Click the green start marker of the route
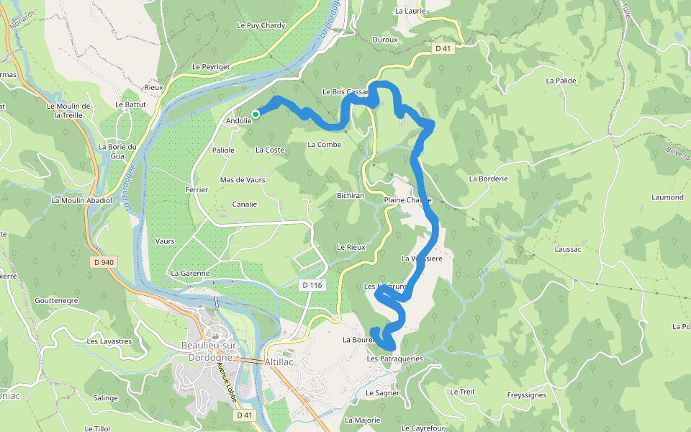tap(256, 114)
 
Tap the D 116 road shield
tap(312, 286)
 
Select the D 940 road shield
tap(104, 262)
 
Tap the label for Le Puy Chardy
tap(261, 25)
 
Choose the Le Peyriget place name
tap(210, 66)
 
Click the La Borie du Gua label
tap(117, 151)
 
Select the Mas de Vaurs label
tap(243, 179)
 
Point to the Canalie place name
tap(245, 204)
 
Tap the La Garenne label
tap(190, 274)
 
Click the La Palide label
tap(561, 81)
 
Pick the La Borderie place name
tap(489, 179)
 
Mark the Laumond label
tap(667, 197)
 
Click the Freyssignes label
tap(526, 395)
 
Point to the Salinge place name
tap(105, 398)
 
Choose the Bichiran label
tap(351, 195)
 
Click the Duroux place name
tap(385, 40)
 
